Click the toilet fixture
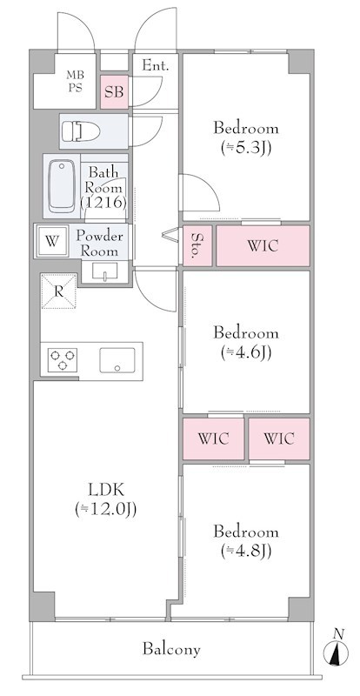[x=81, y=131]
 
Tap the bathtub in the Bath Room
[x=62, y=186]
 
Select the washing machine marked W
[x=52, y=241]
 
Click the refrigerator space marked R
[x=58, y=291]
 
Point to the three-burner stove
[x=62, y=360]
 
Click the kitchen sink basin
[x=117, y=360]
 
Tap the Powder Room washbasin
[x=104, y=271]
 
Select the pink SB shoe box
[x=114, y=92]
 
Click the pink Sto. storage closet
[x=197, y=246]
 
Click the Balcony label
[x=171, y=649]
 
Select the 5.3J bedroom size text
[x=246, y=148]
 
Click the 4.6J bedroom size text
[x=246, y=352]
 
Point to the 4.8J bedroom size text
[x=246, y=551]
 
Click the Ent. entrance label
[x=156, y=66]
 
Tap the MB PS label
[x=75, y=81]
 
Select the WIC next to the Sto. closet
[x=263, y=246]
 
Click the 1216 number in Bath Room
[x=103, y=202]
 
